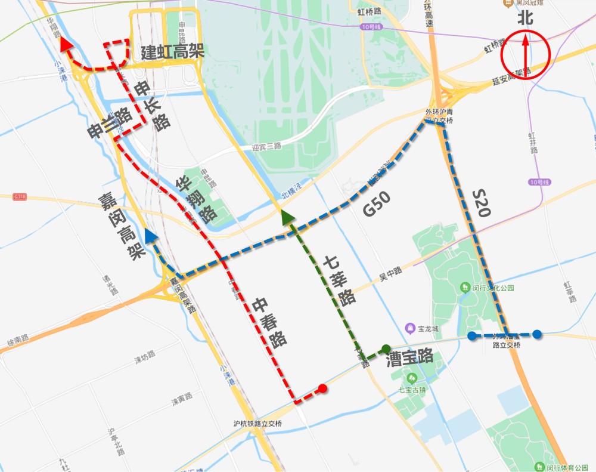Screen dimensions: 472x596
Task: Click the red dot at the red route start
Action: click(x=322, y=388)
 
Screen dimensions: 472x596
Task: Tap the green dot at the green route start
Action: click(x=386, y=348)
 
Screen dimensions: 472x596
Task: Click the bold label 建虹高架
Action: click(x=173, y=51)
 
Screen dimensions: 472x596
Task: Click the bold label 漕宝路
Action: click(x=409, y=358)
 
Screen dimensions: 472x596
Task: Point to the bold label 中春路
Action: click(x=269, y=322)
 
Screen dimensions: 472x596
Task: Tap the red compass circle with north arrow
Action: click(x=524, y=53)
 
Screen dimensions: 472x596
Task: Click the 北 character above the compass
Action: click(x=524, y=18)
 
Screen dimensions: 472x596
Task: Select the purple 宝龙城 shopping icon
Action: click(x=410, y=328)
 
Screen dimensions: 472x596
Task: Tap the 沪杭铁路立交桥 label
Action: click(x=257, y=424)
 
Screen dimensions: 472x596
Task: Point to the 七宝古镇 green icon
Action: click(x=411, y=378)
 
